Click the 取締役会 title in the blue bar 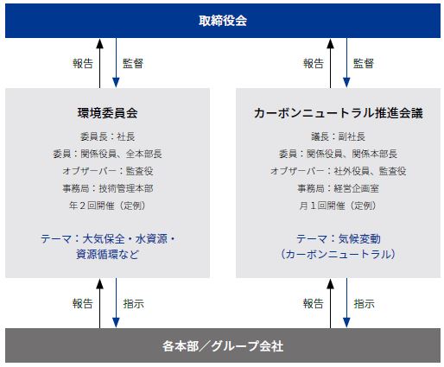pyautogui.click(x=223, y=21)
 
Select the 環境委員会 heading pyautogui.click(x=107, y=113)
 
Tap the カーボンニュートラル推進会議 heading pyautogui.click(x=339, y=113)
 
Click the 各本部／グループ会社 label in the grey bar pyautogui.click(x=223, y=345)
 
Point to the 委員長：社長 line pyautogui.click(x=107, y=136)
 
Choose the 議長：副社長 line pyautogui.click(x=339, y=136)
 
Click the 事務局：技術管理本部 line pyautogui.click(x=107, y=188)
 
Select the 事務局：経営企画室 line pyautogui.click(x=339, y=188)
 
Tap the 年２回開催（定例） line pyautogui.click(x=107, y=206)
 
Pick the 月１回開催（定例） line pyautogui.click(x=339, y=206)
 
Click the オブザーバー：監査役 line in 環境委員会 pyautogui.click(x=107, y=171)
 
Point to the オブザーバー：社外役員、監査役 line pyautogui.click(x=339, y=171)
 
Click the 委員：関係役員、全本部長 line pyautogui.click(x=107, y=154)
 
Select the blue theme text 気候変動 pyautogui.click(x=359, y=239)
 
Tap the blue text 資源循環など pyautogui.click(x=107, y=255)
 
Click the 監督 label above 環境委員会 pyautogui.click(x=133, y=63)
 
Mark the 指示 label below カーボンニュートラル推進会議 pyautogui.click(x=364, y=303)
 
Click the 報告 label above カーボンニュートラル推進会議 pyautogui.click(x=314, y=63)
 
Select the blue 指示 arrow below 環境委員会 pyautogui.click(x=116, y=303)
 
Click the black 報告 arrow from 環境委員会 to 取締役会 pyautogui.click(x=99, y=63)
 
